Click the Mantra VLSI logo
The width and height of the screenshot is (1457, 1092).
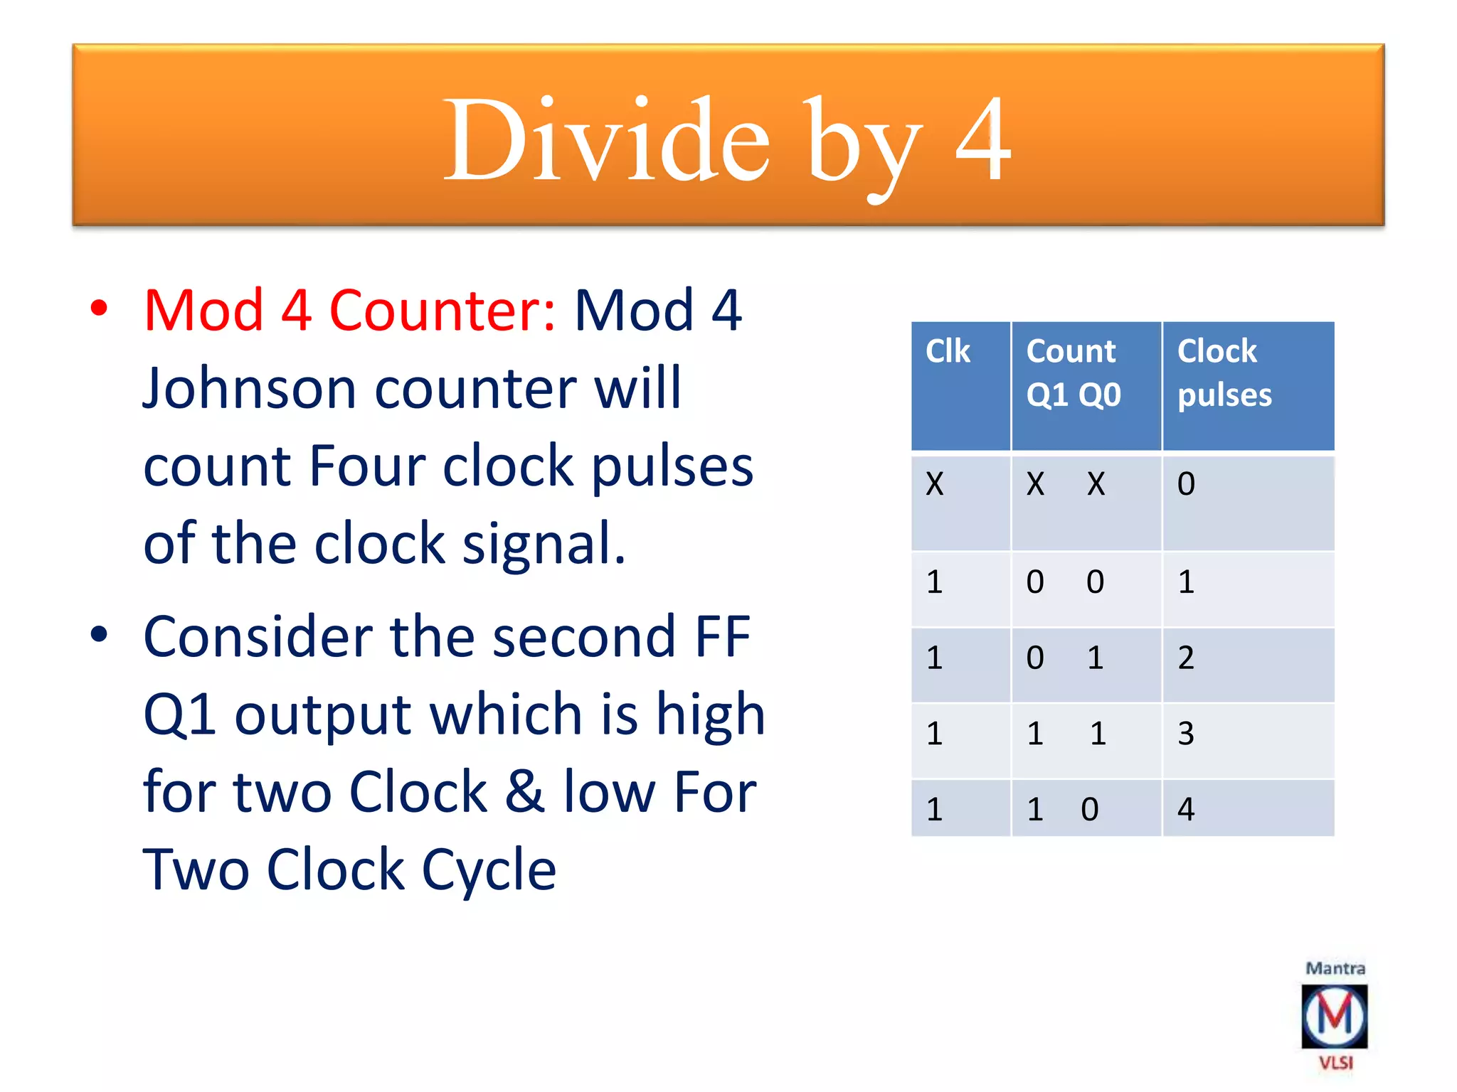coord(1335,1016)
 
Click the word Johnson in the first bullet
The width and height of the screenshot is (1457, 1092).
coord(249,389)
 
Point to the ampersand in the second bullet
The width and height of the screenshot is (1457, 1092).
coord(525,791)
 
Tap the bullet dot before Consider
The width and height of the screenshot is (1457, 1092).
coord(100,634)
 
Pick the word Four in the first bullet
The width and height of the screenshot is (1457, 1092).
coord(366,466)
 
